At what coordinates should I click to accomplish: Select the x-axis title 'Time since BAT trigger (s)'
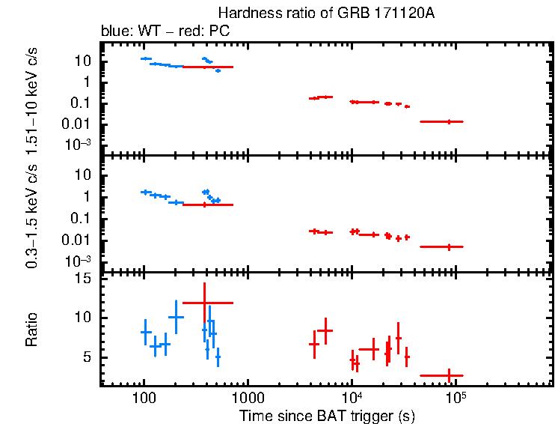click(327, 415)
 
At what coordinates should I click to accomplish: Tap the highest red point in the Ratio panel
click(204, 303)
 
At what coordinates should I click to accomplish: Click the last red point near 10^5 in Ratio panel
click(449, 375)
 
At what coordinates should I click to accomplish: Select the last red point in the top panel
click(449, 121)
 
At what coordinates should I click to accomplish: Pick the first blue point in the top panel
click(146, 58)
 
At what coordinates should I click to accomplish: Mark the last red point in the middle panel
click(449, 246)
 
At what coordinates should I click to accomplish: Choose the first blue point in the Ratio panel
click(146, 331)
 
